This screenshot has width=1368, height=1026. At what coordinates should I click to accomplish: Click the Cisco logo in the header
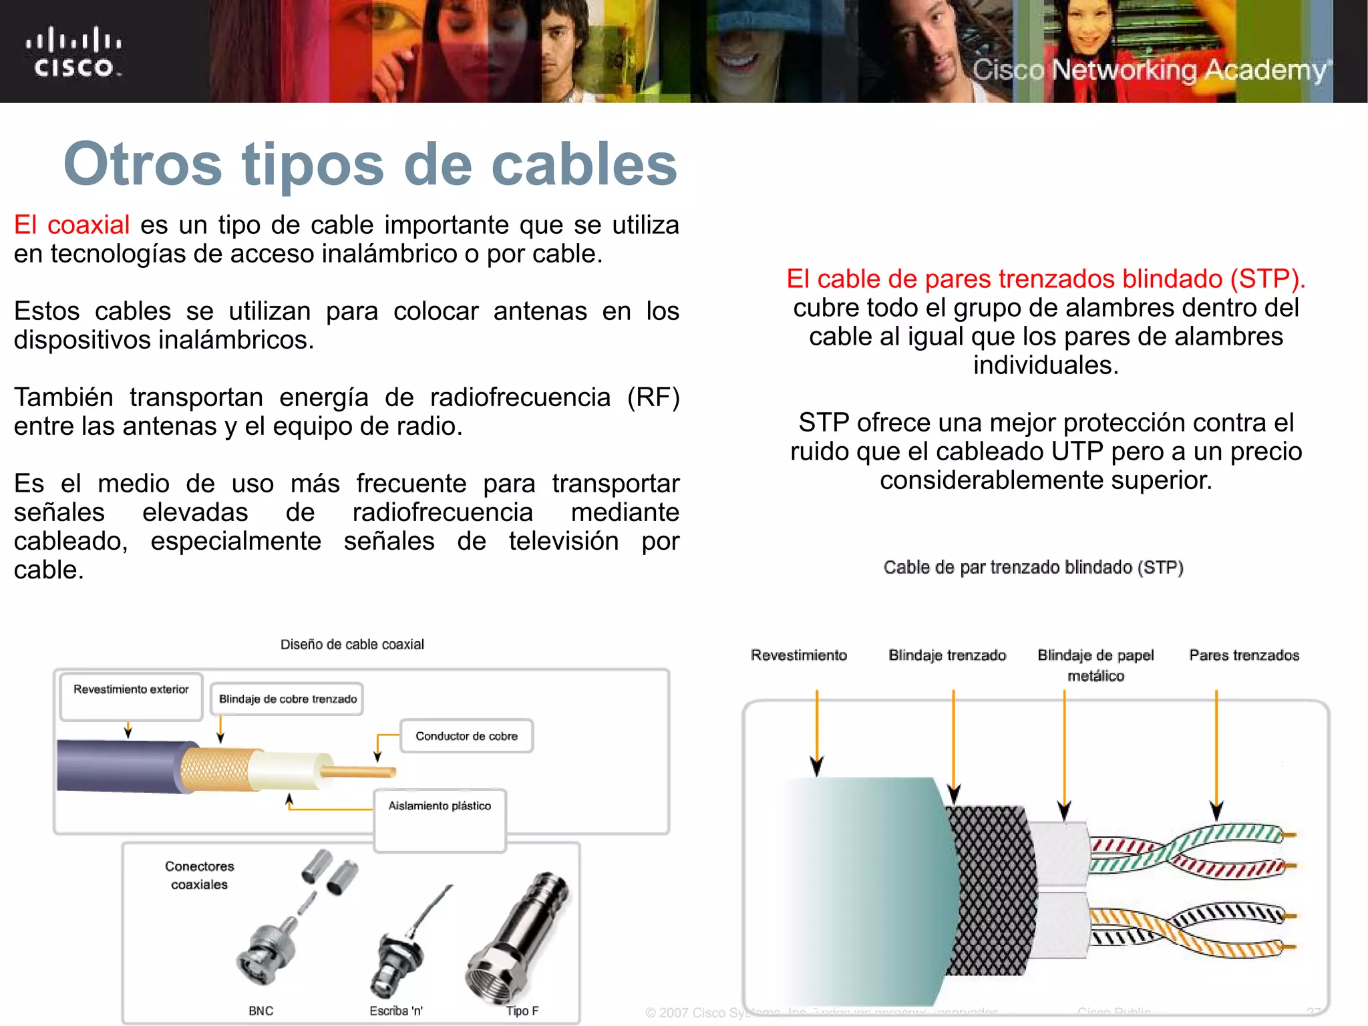click(x=73, y=52)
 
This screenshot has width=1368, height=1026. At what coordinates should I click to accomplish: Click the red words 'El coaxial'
click(x=71, y=224)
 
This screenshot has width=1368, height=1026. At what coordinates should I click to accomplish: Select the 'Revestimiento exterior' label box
click(x=131, y=695)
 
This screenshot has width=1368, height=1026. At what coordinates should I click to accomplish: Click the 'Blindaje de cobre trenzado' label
click(x=287, y=699)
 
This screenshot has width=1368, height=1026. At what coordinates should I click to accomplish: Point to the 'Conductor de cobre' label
click(x=466, y=735)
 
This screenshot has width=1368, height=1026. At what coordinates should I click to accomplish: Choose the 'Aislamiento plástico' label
click(x=440, y=806)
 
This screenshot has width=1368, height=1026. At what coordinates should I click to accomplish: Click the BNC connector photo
click(x=267, y=949)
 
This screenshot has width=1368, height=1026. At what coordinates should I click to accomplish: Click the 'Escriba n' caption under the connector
click(x=396, y=1011)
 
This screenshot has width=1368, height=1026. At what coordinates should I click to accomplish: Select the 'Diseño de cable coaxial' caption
click(x=352, y=644)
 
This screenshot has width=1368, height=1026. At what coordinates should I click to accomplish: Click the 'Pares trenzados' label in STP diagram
click(x=1244, y=655)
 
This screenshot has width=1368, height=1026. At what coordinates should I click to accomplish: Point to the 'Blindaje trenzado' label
click(x=947, y=655)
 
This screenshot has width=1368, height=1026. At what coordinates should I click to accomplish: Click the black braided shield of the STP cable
click(x=993, y=888)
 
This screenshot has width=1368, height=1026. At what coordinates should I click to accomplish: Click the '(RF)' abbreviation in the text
click(x=653, y=397)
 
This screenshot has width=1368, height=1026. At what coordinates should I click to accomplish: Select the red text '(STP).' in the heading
click(x=1268, y=279)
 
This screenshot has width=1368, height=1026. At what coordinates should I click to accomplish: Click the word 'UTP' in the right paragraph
click(x=1077, y=452)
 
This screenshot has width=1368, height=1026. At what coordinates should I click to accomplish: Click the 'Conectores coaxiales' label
click(x=200, y=875)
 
